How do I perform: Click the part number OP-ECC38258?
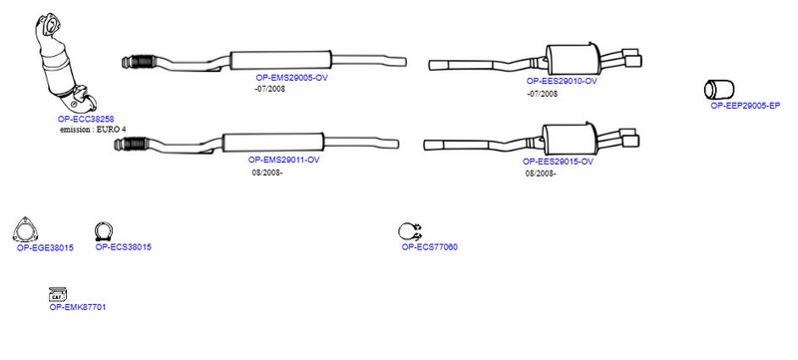86,119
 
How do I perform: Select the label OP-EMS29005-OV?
291,78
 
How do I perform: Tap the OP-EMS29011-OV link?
283,160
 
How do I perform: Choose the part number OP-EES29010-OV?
562,81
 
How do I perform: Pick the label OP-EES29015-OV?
558,162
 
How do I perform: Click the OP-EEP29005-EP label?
745,106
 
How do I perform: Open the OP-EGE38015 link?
45,248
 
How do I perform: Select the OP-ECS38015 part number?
123,247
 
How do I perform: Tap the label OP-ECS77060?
430,247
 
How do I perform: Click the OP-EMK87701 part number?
78,307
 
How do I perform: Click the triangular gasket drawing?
26,230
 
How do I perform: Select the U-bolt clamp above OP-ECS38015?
104,232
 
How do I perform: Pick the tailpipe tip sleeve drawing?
719,90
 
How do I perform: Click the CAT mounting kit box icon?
58,294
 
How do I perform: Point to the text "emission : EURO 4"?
93,130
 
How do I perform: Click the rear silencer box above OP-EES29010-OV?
572,59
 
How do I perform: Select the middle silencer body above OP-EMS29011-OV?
273,142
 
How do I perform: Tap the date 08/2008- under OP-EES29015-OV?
541,174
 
